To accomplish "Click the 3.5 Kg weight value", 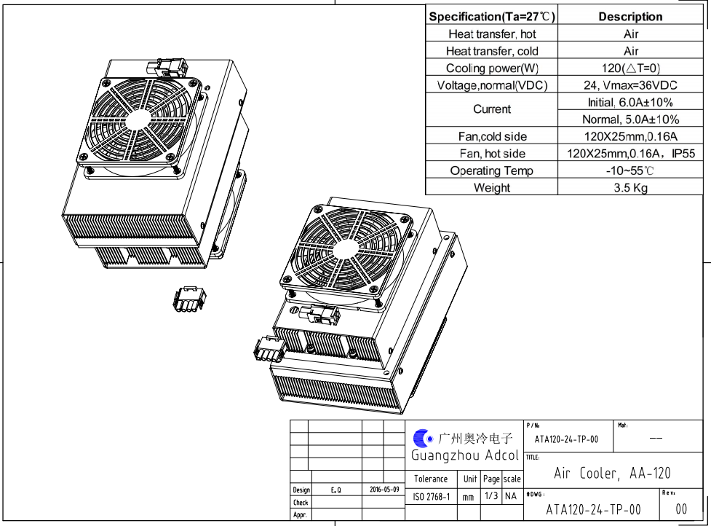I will (x=631, y=188).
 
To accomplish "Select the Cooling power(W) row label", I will (x=492, y=68).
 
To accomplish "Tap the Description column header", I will (x=630, y=17).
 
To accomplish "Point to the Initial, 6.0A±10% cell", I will (x=630, y=103).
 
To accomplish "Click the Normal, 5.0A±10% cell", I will (x=630, y=119).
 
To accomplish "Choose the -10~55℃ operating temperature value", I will (x=630, y=171).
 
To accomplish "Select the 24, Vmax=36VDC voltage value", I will (x=630, y=85).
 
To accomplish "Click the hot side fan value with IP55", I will (x=630, y=154).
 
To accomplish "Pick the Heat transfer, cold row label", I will (x=492, y=51).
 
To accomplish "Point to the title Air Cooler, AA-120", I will (x=612, y=474).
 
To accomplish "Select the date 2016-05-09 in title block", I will (x=384, y=490).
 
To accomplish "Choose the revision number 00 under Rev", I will (x=681, y=509).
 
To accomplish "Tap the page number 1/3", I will (x=491, y=497).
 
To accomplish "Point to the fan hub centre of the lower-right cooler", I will (x=341, y=250).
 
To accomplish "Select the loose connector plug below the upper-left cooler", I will (x=189, y=299).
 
